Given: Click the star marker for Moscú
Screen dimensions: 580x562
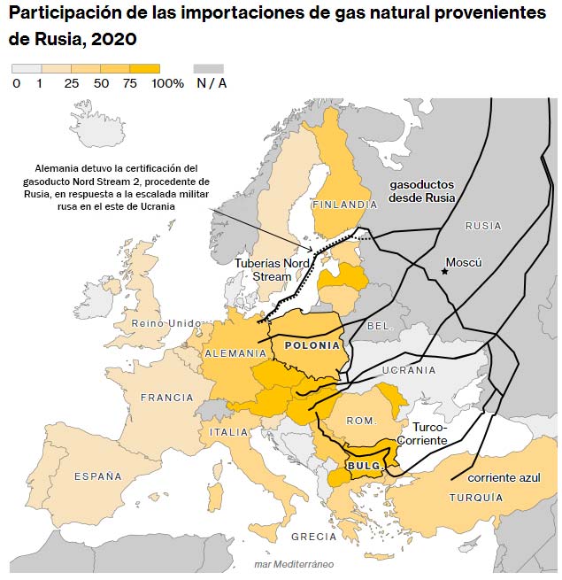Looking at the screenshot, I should (x=444, y=271).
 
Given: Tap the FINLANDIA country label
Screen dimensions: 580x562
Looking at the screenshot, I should (x=345, y=205).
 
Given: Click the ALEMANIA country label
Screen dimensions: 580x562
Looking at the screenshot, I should (x=235, y=353).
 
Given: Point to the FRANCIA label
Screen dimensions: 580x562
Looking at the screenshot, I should (x=166, y=398).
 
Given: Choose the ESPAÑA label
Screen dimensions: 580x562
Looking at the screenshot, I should (x=98, y=476).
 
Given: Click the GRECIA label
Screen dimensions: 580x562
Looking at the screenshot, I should (x=313, y=537).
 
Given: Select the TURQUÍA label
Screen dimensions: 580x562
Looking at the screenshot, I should (x=476, y=498).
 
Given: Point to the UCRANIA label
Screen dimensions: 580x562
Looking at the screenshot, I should (x=409, y=370).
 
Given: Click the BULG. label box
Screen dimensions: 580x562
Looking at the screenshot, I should (x=363, y=466).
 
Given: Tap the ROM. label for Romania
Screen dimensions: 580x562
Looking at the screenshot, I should (x=361, y=421).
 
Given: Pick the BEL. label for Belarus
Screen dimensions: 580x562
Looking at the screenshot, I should (x=379, y=326).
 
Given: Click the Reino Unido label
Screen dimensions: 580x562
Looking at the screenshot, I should (x=166, y=323).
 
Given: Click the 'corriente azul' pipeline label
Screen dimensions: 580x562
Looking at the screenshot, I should (x=504, y=477).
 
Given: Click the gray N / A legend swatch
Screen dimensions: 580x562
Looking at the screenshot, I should (x=209, y=68).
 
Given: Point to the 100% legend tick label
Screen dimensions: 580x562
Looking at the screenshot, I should (x=168, y=83).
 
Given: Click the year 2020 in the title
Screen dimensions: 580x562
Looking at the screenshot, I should (x=113, y=41).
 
